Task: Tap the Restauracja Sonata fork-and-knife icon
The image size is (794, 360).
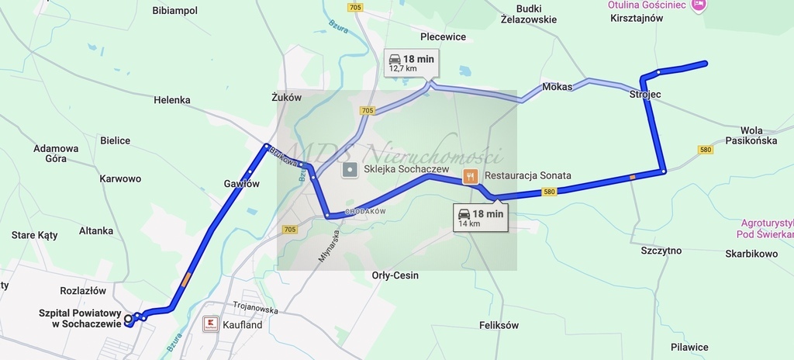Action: (x=470, y=176)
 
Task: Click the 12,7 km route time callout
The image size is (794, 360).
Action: (x=410, y=63)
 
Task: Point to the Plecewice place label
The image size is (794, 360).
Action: (x=443, y=36)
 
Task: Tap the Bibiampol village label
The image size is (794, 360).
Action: (x=175, y=11)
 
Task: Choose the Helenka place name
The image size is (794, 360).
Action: (x=172, y=100)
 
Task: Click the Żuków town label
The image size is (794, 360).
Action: (x=286, y=99)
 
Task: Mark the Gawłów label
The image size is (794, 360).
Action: (x=241, y=184)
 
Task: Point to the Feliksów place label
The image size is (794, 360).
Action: (x=499, y=325)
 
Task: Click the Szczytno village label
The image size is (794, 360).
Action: (x=661, y=251)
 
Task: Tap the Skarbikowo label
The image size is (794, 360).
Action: (x=751, y=254)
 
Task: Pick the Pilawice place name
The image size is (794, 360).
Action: (x=689, y=347)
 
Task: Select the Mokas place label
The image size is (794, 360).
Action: (x=558, y=87)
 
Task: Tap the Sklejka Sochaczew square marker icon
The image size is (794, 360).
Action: (x=350, y=169)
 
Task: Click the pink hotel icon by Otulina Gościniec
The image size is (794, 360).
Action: (x=699, y=5)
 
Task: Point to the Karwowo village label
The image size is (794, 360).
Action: (x=120, y=178)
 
